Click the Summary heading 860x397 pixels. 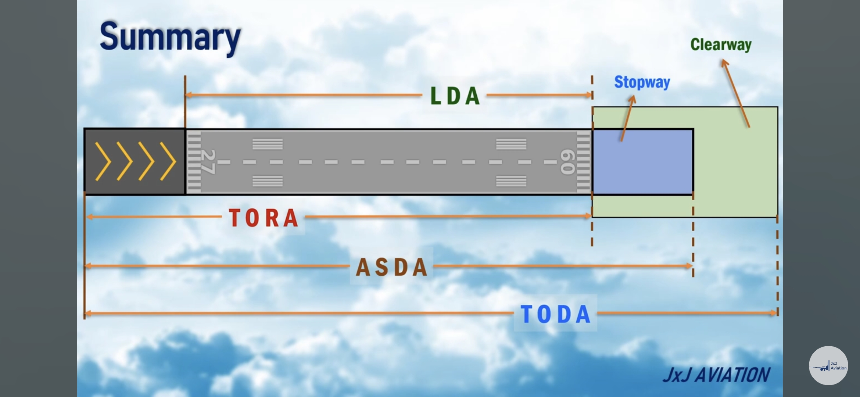(170, 37)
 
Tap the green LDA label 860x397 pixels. (455, 96)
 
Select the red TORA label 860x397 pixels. (264, 218)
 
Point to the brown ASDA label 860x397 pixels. (392, 267)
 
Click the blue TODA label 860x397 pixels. (555, 314)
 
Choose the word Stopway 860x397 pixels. (642, 82)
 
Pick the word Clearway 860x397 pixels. (721, 44)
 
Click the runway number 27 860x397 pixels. (208, 162)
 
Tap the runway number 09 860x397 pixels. (567, 162)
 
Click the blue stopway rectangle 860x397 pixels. (642, 162)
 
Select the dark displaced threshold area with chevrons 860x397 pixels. (135, 162)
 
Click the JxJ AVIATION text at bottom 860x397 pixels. (716, 375)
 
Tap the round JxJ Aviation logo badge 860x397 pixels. (828, 365)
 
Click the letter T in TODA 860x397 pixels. (526, 314)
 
